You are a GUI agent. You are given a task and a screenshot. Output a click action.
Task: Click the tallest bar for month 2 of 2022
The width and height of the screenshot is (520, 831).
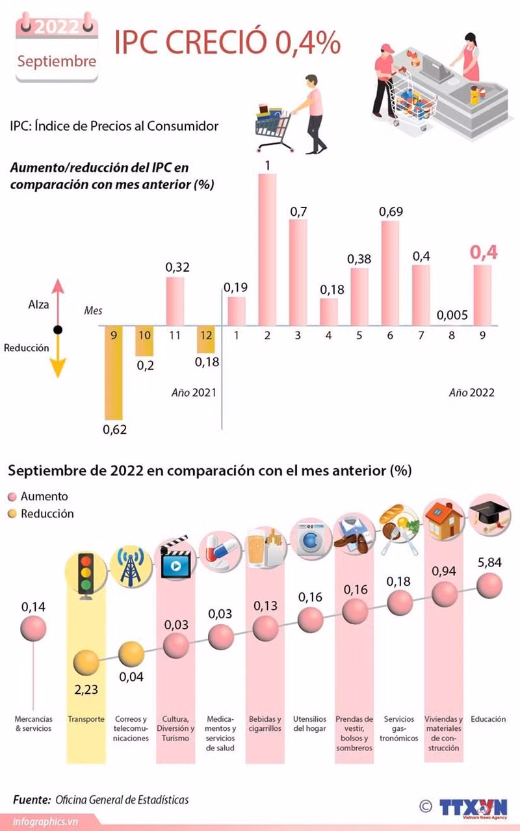tap(267, 250)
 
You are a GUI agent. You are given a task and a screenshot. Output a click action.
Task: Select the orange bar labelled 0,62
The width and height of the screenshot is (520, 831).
tap(114, 373)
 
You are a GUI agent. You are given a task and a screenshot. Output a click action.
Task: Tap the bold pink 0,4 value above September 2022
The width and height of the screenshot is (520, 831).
tap(484, 252)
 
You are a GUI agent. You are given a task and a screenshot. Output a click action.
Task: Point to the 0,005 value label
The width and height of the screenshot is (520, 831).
tap(452, 315)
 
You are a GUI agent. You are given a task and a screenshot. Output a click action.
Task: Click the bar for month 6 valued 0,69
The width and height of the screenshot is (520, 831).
tap(390, 273)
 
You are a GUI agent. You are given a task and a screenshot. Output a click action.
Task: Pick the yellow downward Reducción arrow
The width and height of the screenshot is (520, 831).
tap(58, 356)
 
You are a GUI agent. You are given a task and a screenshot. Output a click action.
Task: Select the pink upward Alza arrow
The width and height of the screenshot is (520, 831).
tap(58, 302)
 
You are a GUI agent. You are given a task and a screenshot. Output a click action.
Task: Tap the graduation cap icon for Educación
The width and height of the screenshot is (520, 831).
tap(489, 514)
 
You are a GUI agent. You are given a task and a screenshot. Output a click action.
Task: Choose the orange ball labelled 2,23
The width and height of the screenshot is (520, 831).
tap(86, 663)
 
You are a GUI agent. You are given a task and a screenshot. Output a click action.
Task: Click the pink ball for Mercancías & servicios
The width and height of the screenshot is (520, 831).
tap(33, 628)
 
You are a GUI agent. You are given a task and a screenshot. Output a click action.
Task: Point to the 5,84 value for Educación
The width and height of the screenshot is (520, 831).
tap(489, 563)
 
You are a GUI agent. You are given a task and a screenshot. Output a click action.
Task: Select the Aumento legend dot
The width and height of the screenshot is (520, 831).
tap(12, 497)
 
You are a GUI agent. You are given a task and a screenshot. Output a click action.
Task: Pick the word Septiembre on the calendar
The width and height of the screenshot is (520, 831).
tap(57, 62)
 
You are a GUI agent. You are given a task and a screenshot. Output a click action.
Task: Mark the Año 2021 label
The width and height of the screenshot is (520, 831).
tap(194, 393)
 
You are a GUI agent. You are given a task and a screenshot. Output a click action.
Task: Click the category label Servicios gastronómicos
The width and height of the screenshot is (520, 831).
tap(398, 728)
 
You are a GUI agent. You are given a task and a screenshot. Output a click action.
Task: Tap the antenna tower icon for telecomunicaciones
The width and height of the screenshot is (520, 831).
tap(131, 567)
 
